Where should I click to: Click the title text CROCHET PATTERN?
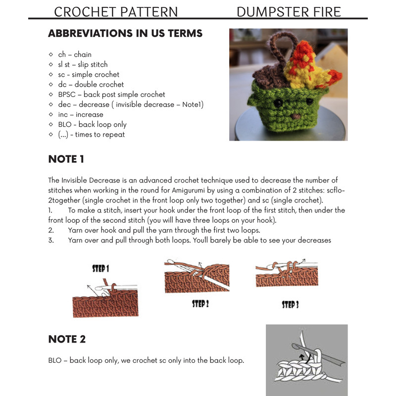coord(115,11)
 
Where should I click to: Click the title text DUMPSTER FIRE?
coord(289,11)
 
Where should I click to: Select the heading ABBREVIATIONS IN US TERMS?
coord(125,34)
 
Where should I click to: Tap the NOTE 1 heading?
coord(66,159)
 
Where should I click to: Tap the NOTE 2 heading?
coord(67,339)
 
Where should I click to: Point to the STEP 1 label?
coord(100,269)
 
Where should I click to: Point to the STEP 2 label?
coord(200,303)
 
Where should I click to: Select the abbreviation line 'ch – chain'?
coord(75,54)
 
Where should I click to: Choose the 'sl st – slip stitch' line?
coord(83,64)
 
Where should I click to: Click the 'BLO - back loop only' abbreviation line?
coord(92,124)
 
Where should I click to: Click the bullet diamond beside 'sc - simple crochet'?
coord(51,75)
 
